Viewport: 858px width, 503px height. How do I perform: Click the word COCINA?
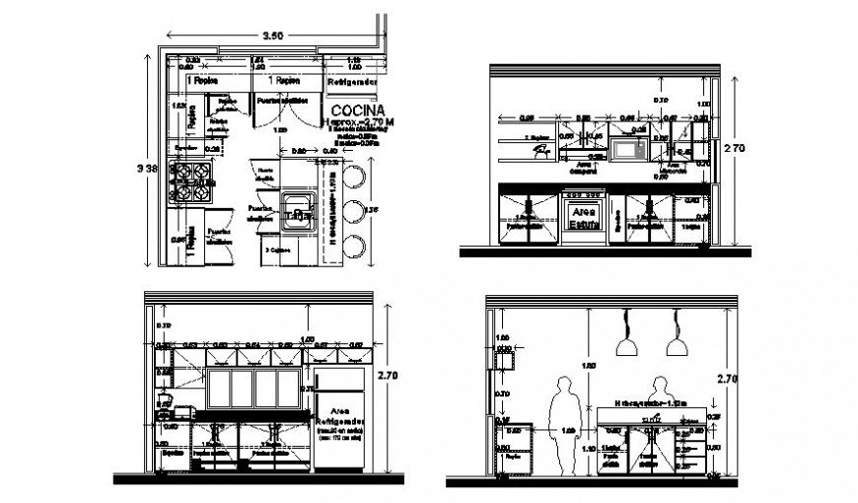360,108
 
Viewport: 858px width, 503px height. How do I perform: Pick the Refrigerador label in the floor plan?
353,82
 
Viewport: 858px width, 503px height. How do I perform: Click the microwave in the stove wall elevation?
628,150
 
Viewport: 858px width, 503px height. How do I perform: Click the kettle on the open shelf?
540,150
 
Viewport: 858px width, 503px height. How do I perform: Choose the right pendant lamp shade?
676,346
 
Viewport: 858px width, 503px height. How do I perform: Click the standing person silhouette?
563,424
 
